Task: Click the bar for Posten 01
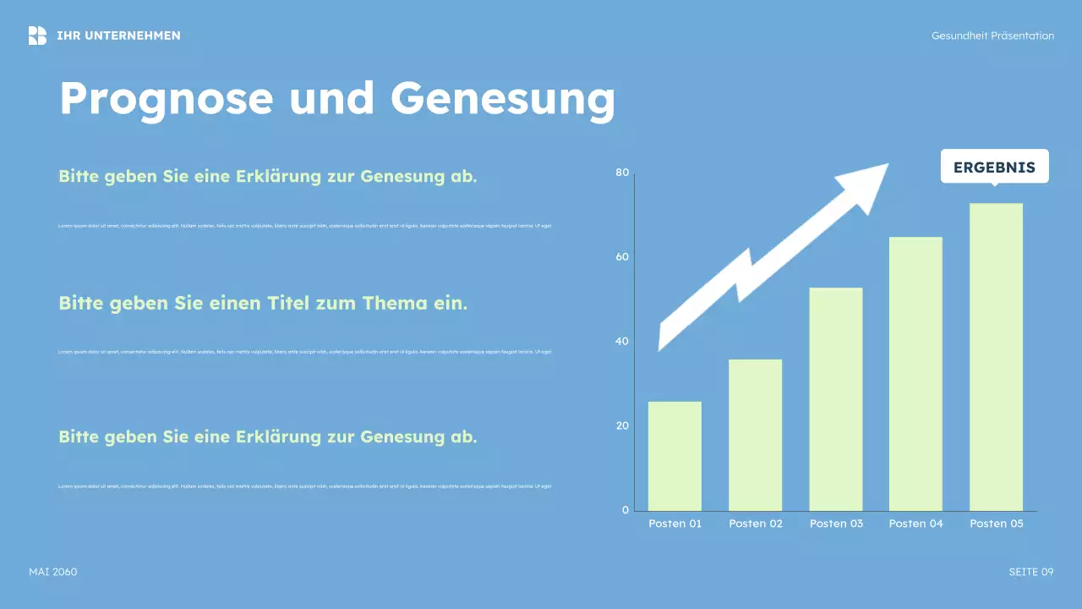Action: [x=675, y=456]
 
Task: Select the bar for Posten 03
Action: [x=835, y=399]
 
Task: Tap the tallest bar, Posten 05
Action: [x=996, y=357]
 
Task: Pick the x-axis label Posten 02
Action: [x=756, y=524]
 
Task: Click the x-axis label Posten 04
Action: [x=915, y=524]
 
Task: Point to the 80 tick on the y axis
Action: [x=622, y=173]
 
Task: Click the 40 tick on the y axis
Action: [x=622, y=342]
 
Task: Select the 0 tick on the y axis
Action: [x=626, y=510]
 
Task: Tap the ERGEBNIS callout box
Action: [x=994, y=167]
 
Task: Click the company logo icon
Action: [x=37, y=36]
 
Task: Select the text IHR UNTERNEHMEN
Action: [x=118, y=36]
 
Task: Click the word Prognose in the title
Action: [x=167, y=99]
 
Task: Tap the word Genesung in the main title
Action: [x=502, y=99]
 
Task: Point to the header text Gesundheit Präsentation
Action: [x=992, y=36]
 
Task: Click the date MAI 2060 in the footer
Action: [x=52, y=572]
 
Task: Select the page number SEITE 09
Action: [x=1031, y=572]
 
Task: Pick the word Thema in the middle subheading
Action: [x=395, y=303]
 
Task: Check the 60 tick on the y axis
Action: [x=622, y=257]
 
